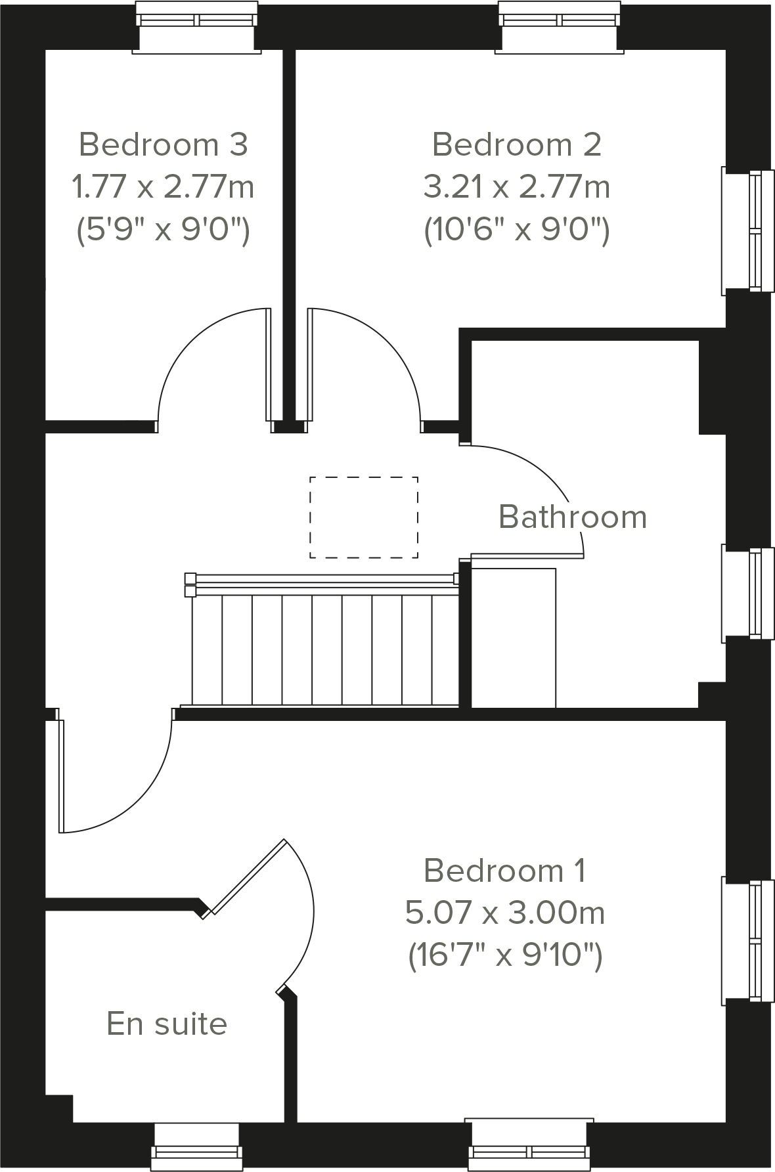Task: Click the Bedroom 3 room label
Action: pyautogui.click(x=164, y=144)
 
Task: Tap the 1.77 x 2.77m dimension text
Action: pyautogui.click(x=164, y=187)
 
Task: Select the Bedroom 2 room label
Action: pyautogui.click(x=517, y=144)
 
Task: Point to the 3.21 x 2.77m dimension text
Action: pyautogui.click(x=517, y=187)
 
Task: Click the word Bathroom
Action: pyautogui.click(x=573, y=517)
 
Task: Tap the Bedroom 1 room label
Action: pyautogui.click(x=504, y=871)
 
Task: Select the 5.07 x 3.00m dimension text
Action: pyautogui.click(x=504, y=913)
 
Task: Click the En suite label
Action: pyautogui.click(x=167, y=1024)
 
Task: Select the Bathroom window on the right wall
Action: pyautogui.click(x=749, y=593)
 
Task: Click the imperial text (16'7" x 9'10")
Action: pyautogui.click(x=504, y=955)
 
